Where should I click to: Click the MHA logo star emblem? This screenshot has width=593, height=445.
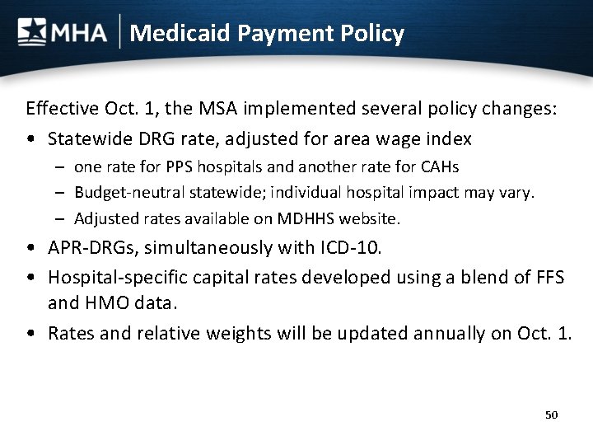tap(32, 32)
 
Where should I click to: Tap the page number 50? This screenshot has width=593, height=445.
tap(551, 415)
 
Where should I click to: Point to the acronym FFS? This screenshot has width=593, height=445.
tap(546, 278)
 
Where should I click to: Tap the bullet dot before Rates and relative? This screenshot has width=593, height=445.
tap(30, 334)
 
